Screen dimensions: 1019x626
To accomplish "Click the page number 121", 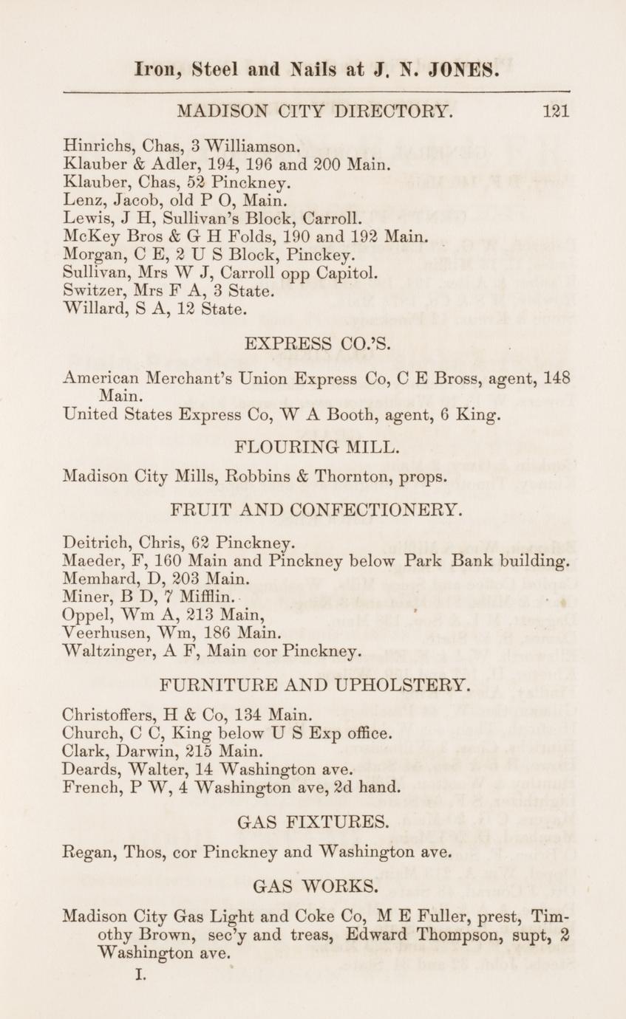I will click(x=555, y=111).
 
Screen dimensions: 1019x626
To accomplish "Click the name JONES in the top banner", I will click(x=454, y=72).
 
